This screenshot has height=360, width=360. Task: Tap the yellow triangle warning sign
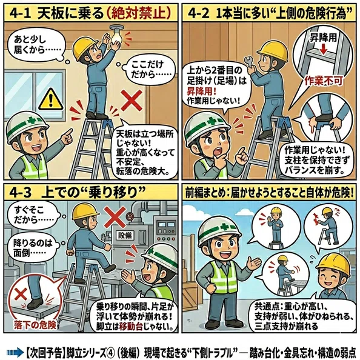(x=51, y=99)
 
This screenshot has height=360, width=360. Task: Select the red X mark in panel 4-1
(x=132, y=101)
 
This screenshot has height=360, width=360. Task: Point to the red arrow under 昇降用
(x=323, y=49)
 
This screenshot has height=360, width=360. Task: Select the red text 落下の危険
(x=35, y=325)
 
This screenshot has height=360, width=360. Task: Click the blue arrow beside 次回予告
(x=15, y=352)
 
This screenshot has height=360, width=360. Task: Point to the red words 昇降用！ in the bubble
(x=202, y=92)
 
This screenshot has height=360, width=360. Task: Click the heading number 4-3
(x=20, y=192)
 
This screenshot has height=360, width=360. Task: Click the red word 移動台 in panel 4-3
(x=131, y=327)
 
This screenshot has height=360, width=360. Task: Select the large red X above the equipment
(x=115, y=217)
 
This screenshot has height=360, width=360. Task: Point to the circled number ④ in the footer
(x=109, y=352)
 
